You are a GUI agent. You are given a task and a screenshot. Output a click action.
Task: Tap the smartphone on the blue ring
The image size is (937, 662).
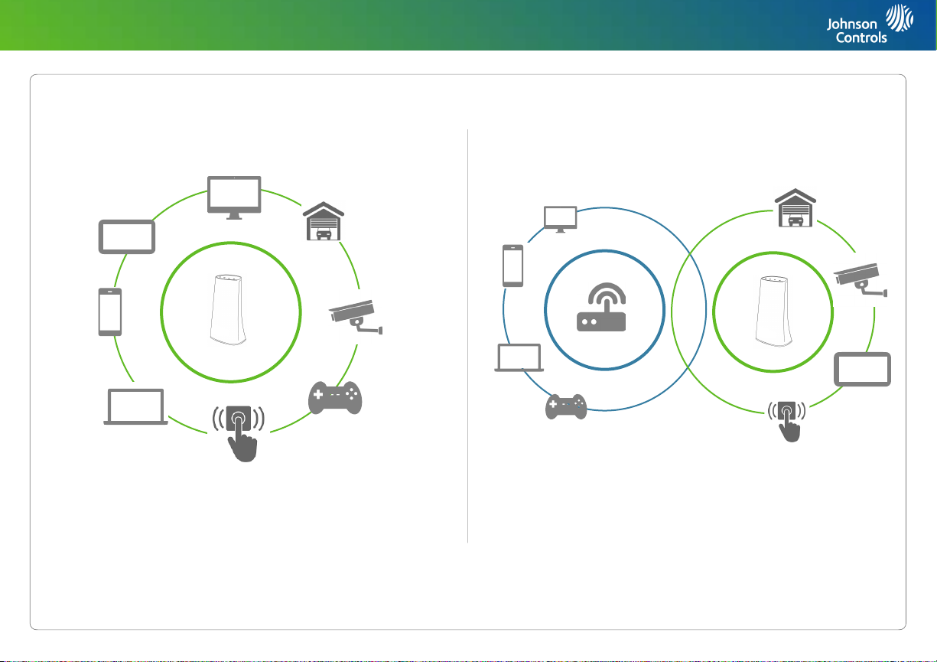pos(512,266)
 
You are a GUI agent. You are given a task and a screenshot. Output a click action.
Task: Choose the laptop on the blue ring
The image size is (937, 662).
pos(519,358)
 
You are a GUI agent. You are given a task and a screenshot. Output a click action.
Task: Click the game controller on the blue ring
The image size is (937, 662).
pos(565,406)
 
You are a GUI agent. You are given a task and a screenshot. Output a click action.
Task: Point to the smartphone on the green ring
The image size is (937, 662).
pos(110,311)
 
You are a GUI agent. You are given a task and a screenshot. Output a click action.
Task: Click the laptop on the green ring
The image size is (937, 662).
pos(135,407)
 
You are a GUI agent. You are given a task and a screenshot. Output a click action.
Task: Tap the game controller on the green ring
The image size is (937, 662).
pos(334,397)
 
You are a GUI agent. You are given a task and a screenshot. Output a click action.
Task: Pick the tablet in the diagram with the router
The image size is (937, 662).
pos(862,370)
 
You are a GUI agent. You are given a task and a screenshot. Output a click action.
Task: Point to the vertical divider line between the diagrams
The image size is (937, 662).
pos(467,337)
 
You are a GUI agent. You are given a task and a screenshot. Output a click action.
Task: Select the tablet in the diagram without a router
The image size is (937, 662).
pos(127,236)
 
